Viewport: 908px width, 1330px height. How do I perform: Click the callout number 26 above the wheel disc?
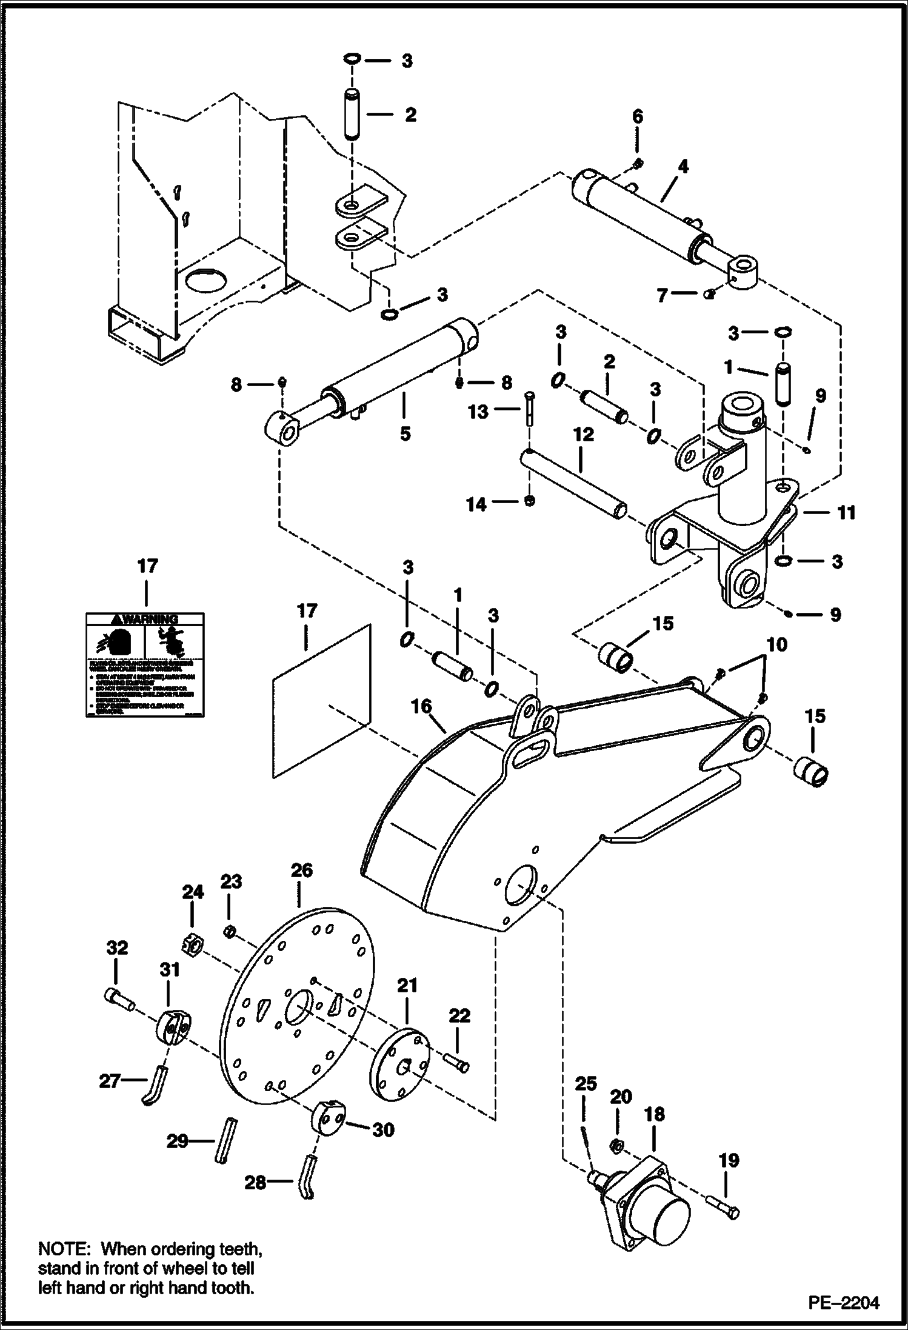(x=301, y=871)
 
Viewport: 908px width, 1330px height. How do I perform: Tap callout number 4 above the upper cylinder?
(x=683, y=166)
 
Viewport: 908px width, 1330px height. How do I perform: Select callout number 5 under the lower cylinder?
(x=405, y=433)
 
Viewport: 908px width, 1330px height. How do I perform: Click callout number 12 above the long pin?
(x=583, y=435)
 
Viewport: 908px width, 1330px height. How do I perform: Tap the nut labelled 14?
(x=529, y=501)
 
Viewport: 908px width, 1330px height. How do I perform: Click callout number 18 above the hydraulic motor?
(x=655, y=1114)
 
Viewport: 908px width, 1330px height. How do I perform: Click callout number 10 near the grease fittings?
(x=777, y=644)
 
